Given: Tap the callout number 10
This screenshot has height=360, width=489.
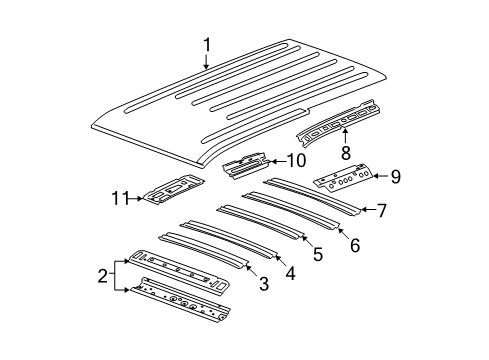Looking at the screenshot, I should pyautogui.click(x=296, y=160).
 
